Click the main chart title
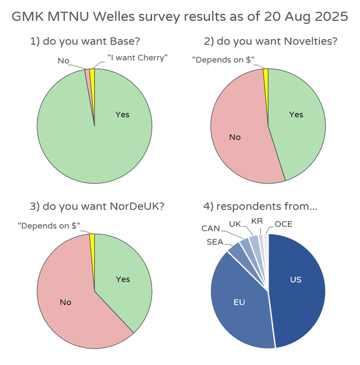pyautogui.click(x=180, y=16)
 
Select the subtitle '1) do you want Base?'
pyautogui.click(x=85, y=42)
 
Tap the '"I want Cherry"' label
pyautogui.click(x=138, y=57)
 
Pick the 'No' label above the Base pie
pyautogui.click(x=63, y=60)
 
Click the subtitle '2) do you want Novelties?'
pyautogui.click(x=270, y=42)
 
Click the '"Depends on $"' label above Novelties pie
pyautogui.click(x=223, y=60)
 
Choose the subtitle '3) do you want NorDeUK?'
pyautogui.click(x=97, y=206)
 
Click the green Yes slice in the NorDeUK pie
pyautogui.click(x=123, y=278)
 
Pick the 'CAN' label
pyautogui.click(x=211, y=228)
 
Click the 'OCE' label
pyautogui.click(x=283, y=224)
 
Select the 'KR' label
pyautogui.click(x=257, y=221)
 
